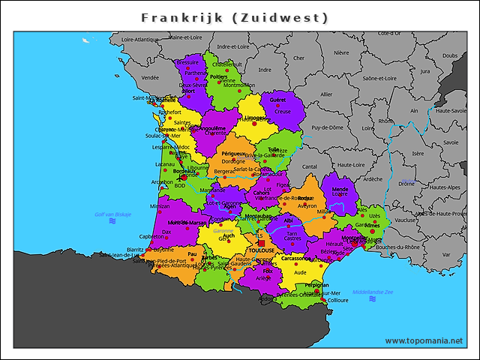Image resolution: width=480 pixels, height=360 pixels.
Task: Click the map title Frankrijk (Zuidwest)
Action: click(x=235, y=17)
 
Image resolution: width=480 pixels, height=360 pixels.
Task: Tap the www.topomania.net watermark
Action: click(x=424, y=340)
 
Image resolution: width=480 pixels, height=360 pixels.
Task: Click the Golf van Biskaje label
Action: click(x=113, y=214)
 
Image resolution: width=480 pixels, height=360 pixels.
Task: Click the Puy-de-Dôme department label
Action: click(x=327, y=127)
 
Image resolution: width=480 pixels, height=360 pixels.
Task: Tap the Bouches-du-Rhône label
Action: click(x=397, y=247)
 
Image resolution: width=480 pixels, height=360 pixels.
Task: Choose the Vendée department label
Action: click(x=150, y=77)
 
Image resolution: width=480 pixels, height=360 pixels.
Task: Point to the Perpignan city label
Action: click(x=316, y=285)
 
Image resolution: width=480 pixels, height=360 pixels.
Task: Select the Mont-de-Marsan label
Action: click(x=187, y=223)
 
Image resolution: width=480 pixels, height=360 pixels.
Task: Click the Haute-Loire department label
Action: click(x=349, y=164)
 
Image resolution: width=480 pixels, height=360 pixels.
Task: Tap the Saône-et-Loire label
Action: click(x=379, y=77)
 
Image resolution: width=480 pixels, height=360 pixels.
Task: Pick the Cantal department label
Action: click(x=309, y=166)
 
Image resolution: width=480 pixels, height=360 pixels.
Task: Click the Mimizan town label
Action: click(x=159, y=205)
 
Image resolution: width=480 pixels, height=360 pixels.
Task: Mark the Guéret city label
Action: click(x=277, y=100)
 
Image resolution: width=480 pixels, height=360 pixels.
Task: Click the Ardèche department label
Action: click(x=372, y=179)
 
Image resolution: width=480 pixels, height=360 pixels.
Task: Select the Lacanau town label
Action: click(x=165, y=163)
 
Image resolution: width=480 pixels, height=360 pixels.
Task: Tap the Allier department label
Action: click(x=325, y=94)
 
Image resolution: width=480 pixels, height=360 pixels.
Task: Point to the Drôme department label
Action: click(x=406, y=183)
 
